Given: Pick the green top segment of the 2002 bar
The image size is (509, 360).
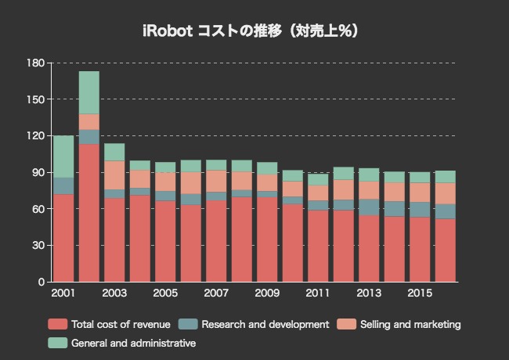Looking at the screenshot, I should click(88, 92).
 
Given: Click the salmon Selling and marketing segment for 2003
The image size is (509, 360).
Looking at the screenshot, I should click(114, 175).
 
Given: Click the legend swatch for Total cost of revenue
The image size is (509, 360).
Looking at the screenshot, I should click(57, 324).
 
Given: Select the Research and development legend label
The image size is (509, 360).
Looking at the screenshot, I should click(265, 324).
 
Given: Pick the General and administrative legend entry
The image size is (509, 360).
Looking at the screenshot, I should click(133, 343).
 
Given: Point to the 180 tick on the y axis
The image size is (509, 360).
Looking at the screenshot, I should click(36, 63).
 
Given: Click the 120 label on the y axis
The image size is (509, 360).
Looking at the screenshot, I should click(36, 135).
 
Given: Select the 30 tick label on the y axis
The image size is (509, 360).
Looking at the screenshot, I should click(38, 246).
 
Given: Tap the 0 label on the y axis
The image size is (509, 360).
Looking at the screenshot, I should click(42, 282).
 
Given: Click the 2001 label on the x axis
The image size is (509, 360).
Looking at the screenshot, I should click(63, 293).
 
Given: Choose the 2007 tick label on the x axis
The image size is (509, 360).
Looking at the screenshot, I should click(215, 293).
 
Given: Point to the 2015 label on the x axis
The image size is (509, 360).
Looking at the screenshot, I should click(420, 293).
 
